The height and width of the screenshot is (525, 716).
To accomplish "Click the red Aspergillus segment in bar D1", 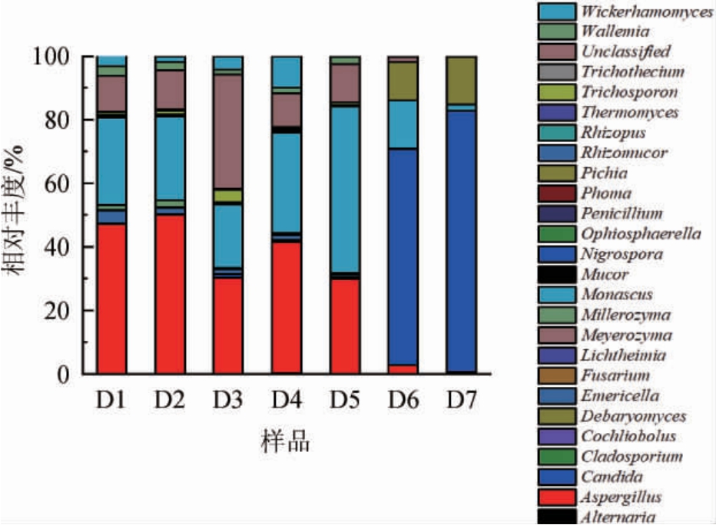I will click(111, 299).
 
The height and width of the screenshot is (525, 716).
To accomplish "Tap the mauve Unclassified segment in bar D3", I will click(228, 131).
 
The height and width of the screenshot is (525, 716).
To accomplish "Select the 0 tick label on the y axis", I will click(66, 375).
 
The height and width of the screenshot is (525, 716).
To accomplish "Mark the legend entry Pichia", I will click(604, 173).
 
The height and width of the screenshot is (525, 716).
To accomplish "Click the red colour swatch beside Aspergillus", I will click(557, 497).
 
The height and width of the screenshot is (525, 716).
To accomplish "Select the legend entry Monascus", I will click(618, 295).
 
